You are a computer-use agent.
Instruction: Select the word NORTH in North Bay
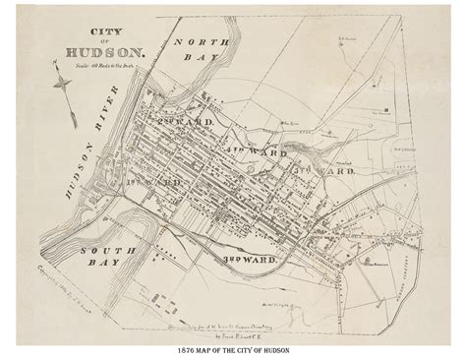tap(202, 42)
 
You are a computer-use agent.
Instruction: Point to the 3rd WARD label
tap(252, 257)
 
